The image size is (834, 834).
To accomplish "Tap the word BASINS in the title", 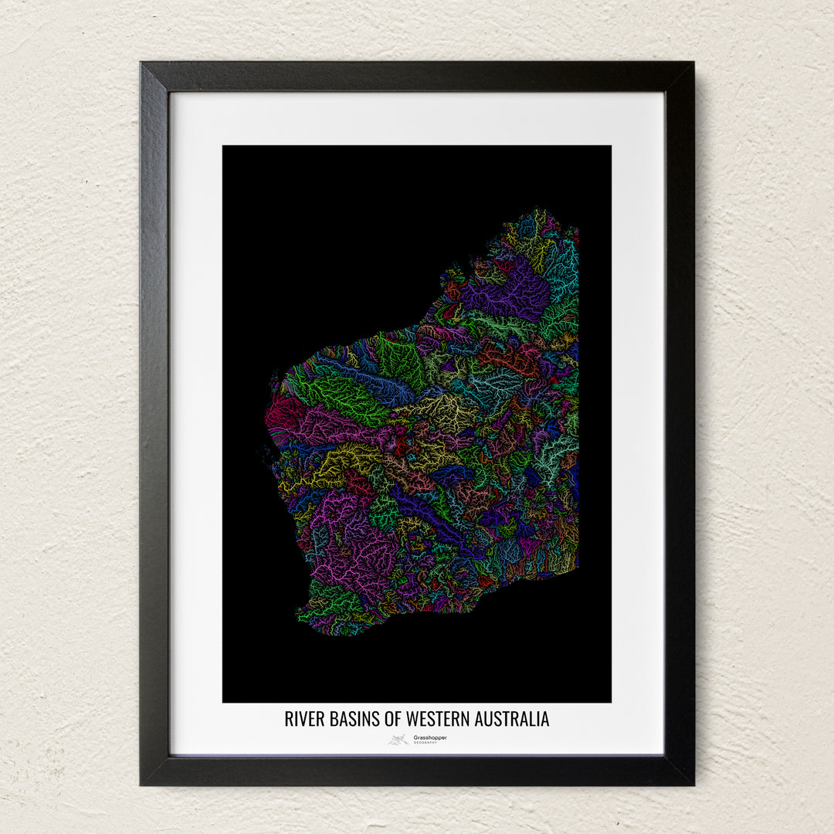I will tap(353, 719).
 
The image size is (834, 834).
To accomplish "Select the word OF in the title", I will tap(393, 719).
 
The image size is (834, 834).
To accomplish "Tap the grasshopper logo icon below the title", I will tap(398, 739).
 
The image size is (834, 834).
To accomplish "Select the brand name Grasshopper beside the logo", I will tap(430, 737).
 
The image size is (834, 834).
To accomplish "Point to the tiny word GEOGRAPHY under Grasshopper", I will tap(425, 743).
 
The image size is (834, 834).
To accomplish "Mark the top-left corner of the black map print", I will tap(224, 147).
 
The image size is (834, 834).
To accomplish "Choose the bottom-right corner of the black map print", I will tap(610, 701).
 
